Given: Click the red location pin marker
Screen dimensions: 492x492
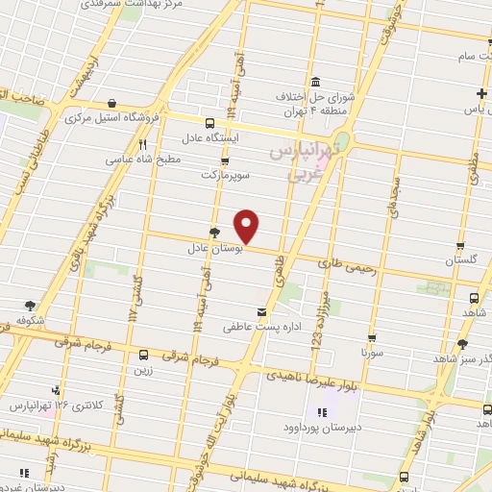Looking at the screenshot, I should coord(247,225).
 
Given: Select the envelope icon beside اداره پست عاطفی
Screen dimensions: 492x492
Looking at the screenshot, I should coord(261,312).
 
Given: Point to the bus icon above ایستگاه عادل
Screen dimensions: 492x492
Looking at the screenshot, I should coord(210,122).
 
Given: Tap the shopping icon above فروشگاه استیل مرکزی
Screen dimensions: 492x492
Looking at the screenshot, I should coord(113,104).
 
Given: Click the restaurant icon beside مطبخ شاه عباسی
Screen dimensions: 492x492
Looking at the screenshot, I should coord(141,144).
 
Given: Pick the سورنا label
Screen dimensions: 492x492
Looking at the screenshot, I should coord(372,353).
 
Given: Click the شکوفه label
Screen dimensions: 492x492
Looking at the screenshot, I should coord(30,318).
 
